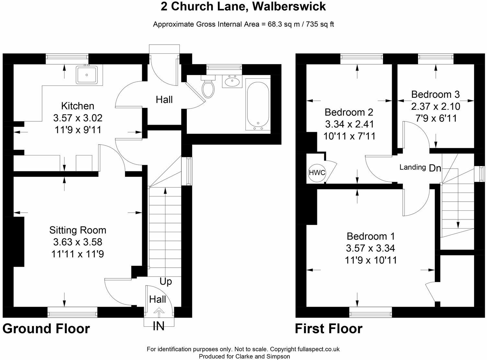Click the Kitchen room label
click(78, 106)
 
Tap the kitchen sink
click(87, 75)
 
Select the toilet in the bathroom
click(207, 87)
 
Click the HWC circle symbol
click(317, 173)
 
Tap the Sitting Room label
click(78, 230)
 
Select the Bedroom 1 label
click(370, 236)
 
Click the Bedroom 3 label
click(435, 94)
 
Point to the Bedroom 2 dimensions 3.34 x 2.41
click(349, 124)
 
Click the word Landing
click(412, 167)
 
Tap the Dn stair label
click(435, 168)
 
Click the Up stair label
click(165, 282)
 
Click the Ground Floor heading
click(46, 329)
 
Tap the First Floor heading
click(328, 329)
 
